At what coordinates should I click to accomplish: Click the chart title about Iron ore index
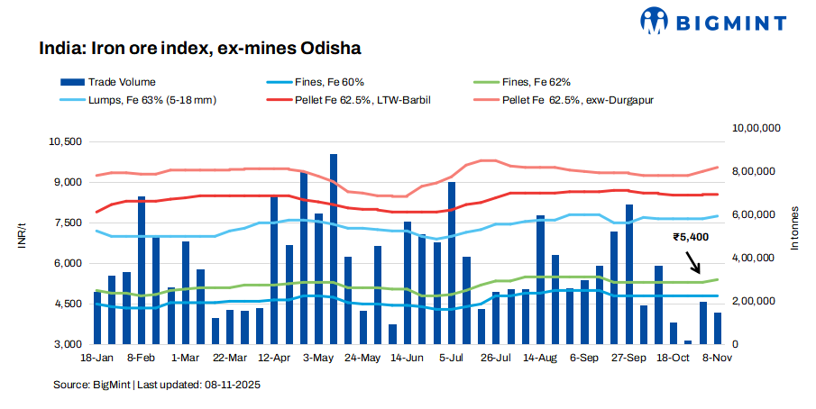(x=200, y=47)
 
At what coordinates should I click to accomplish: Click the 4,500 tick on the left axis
(x=68, y=304)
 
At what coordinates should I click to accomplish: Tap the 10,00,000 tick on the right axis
(x=756, y=130)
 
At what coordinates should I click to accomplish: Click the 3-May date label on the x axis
(x=318, y=358)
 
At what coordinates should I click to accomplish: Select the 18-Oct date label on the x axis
(x=672, y=358)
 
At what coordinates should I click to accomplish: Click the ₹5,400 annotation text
(x=691, y=238)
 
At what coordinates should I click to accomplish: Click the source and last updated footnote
(x=157, y=385)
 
